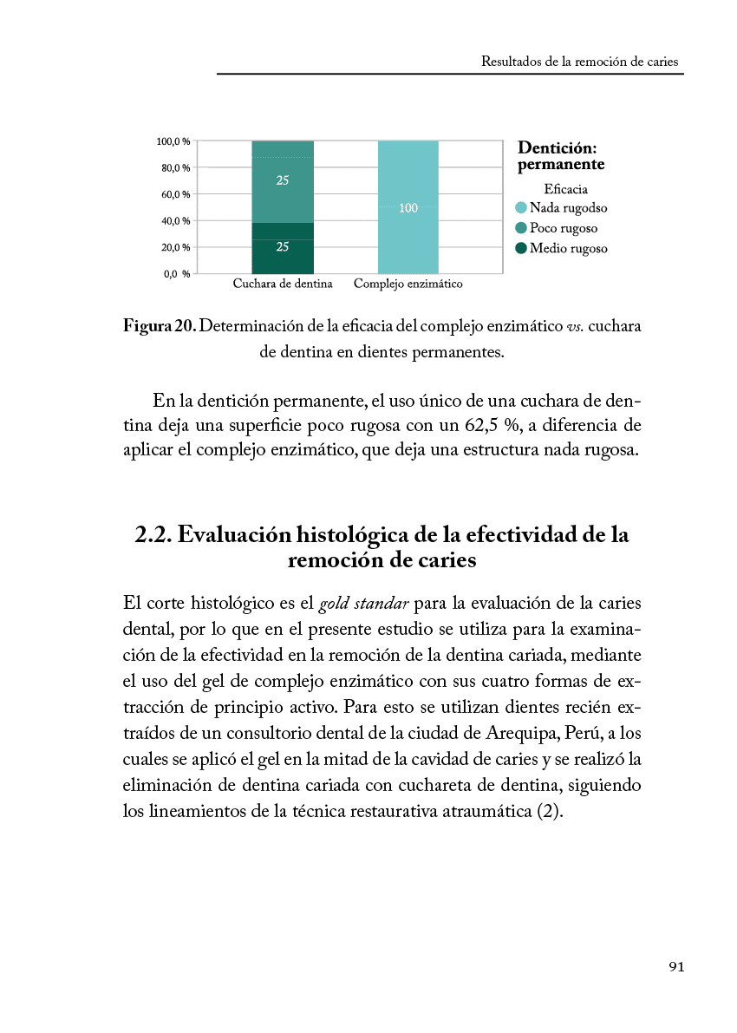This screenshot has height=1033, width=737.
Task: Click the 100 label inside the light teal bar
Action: [x=408, y=208]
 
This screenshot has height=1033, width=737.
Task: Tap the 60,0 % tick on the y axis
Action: [x=173, y=194]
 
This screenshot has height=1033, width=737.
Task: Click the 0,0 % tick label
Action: [x=173, y=274]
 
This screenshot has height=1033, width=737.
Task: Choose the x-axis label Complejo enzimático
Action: [x=408, y=284]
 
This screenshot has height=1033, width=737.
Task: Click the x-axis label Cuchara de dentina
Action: [x=283, y=284]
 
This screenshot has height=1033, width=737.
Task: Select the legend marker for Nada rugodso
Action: [x=521, y=208]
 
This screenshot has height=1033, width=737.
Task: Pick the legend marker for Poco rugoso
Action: [x=521, y=228]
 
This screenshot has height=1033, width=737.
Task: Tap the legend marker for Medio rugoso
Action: [x=521, y=248]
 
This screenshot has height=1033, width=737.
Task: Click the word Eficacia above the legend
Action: [x=565, y=188]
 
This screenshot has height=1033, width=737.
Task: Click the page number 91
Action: [x=676, y=967]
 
